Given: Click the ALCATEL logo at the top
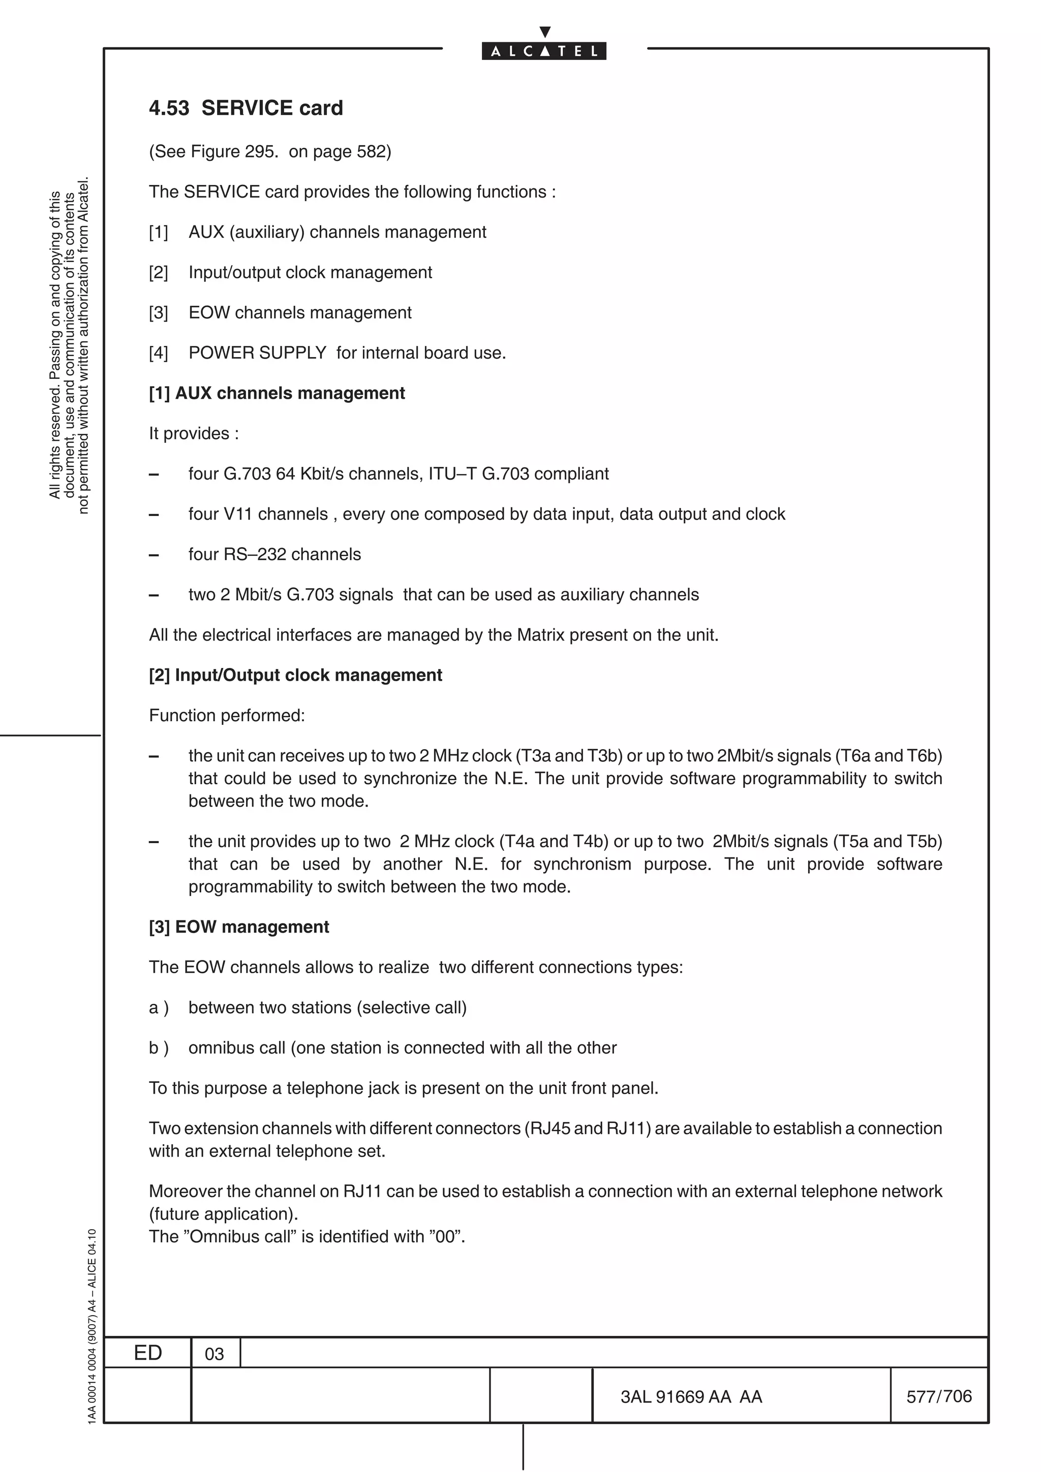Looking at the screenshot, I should click(543, 51).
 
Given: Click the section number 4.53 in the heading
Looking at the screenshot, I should click(169, 108).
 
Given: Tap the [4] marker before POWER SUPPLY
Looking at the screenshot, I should click(159, 353).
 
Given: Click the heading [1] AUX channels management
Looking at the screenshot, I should click(277, 393).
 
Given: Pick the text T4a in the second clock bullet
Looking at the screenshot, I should click(518, 841).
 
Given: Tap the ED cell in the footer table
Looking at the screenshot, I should click(147, 1353).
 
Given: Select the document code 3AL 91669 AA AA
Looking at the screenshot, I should click(691, 1396).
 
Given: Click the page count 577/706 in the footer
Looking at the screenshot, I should click(938, 1396).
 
